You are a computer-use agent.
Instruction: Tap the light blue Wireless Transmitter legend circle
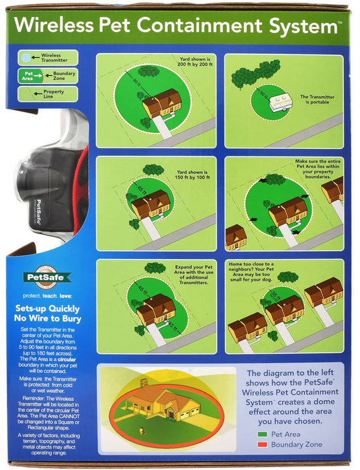[x=26, y=58]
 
